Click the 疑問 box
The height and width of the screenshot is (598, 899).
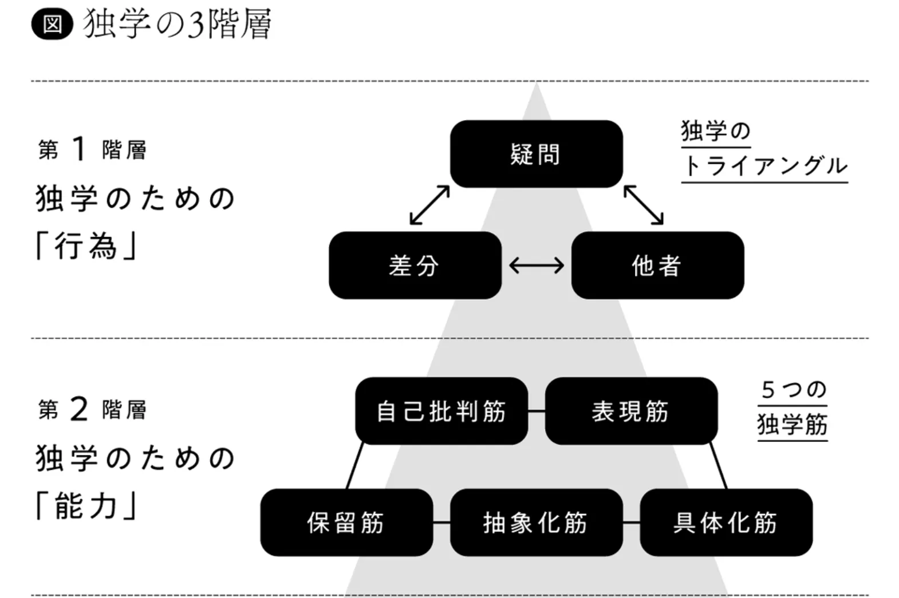point(536,154)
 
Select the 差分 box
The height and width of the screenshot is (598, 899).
point(415,265)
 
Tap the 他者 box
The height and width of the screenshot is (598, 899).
point(657,265)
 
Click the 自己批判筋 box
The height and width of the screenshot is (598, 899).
point(441,411)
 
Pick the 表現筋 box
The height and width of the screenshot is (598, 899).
point(630,411)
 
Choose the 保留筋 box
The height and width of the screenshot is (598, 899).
point(346,522)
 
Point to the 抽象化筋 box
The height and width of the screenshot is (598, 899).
point(536,522)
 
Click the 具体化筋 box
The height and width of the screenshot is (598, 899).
point(725,522)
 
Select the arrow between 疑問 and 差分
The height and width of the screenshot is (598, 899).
point(429,205)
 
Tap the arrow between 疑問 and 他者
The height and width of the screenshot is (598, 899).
point(644,205)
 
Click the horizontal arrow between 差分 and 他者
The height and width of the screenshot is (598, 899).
point(537,265)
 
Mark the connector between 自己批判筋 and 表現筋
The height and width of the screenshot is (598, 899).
point(537,411)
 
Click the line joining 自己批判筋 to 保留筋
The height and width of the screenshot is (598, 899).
point(355,465)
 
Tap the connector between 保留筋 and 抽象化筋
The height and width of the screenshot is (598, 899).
point(441,522)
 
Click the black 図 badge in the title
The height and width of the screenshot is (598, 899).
point(52,25)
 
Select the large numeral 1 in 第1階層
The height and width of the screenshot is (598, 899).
point(79,149)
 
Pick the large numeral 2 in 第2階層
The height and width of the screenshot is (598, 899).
point(79,409)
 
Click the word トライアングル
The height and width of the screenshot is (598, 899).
point(764,167)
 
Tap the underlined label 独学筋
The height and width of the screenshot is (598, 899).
point(792,425)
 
